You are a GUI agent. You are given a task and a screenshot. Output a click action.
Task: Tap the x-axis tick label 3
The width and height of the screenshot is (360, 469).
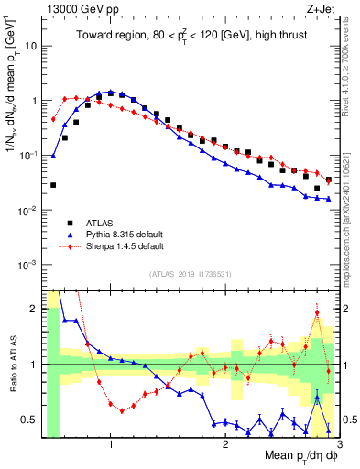[339, 445]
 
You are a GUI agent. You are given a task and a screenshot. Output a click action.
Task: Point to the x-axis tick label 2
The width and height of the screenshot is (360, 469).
[225, 445]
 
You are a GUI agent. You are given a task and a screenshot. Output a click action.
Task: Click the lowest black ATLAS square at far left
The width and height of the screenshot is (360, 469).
[53, 184]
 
